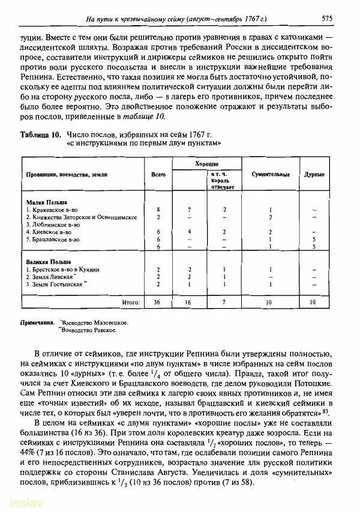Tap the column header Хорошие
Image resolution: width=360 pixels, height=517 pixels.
207,163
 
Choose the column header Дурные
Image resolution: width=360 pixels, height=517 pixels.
314,174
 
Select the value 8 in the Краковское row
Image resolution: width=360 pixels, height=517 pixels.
158,209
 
